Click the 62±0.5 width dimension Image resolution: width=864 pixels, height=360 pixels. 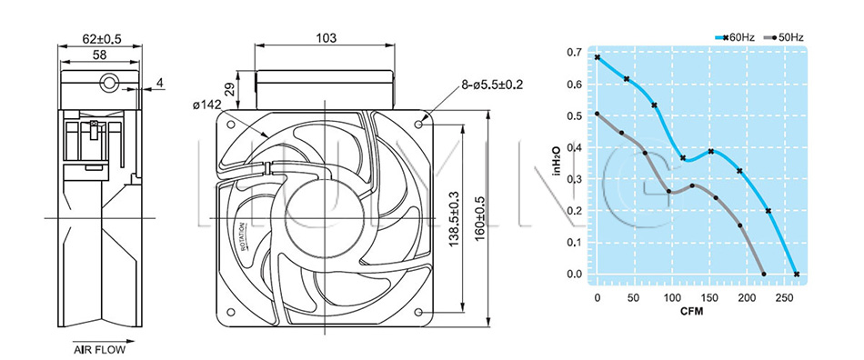tap(101, 38)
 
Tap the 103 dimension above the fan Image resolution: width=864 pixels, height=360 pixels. tap(326, 38)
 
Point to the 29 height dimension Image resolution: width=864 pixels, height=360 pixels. tap(231, 89)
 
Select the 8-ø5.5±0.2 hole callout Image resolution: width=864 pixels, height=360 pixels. tap(492, 85)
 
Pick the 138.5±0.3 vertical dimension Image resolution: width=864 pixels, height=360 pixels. tap(455, 218)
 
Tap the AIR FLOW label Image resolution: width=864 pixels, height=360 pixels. tap(100, 349)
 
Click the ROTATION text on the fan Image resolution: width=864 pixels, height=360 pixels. tap(243, 237)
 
